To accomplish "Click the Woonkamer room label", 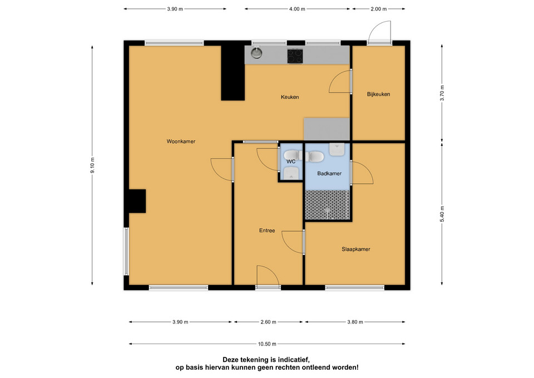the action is [181, 141].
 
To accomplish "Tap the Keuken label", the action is [290, 97].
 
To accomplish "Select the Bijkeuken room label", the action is [378, 95].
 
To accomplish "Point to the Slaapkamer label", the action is [356, 249].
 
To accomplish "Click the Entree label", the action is [267, 231].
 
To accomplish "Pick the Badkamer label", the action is [329, 174].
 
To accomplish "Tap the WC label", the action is [291, 161].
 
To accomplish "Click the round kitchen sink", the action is [256, 53].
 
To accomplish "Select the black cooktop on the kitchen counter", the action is [295, 56].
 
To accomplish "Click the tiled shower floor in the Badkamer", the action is [327, 205].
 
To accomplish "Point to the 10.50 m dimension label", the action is [267, 344].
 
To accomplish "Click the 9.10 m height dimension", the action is [92, 165].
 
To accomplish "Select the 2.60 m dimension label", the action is [268, 322].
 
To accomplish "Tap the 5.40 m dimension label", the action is [442, 214].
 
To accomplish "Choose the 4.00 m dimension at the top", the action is [297, 9].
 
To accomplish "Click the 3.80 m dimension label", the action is [355, 322].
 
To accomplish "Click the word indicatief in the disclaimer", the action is [293, 360].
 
